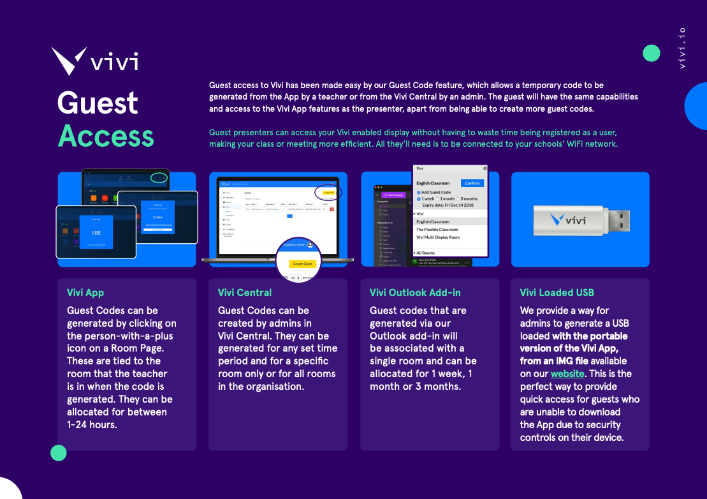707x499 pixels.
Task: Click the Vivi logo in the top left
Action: point(94,61)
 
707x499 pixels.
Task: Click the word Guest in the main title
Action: point(98,103)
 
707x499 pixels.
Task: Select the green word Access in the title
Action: point(106,136)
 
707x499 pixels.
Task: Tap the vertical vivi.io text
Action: point(682,48)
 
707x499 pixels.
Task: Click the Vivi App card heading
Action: point(85,293)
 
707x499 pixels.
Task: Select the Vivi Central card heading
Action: point(245,293)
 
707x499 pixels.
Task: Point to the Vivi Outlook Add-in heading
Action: point(415,293)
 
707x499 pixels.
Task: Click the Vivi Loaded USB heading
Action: point(557,293)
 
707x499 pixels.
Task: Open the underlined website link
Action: point(567,374)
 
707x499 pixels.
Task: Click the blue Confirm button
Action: point(472,183)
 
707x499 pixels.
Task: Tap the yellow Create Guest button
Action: point(302,264)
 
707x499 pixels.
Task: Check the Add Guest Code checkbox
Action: point(419,192)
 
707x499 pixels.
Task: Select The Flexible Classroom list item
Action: point(437,230)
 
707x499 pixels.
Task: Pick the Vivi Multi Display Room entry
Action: point(438,237)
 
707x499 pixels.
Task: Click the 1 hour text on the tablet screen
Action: point(157,218)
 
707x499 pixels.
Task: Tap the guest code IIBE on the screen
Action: point(96,234)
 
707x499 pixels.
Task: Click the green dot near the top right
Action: point(651,53)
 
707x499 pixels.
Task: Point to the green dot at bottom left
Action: point(59,453)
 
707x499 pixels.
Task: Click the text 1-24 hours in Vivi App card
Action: point(92,424)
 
